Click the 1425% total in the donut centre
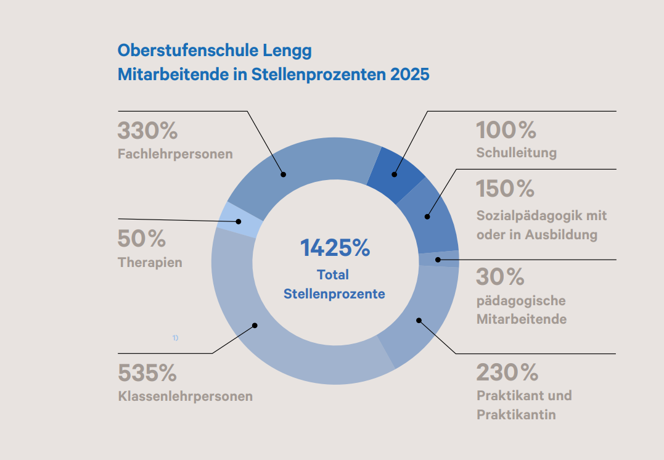pos(335,248)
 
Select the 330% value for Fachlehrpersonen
pos(147,131)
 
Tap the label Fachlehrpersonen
pos(175,154)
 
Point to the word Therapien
pos(150,262)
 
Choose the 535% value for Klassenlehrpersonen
pos(147,373)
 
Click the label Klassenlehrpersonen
pos(185,396)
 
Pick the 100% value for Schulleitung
pos(506,131)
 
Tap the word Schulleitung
pos(516,152)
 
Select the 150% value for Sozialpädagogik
pos(505,189)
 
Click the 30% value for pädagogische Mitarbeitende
pos(500,277)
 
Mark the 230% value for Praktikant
pos(507,372)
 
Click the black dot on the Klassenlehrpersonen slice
pos(255,326)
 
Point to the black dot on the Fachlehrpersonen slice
pos(284,174)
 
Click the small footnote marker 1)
pos(175,338)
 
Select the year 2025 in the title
pos(409,75)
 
